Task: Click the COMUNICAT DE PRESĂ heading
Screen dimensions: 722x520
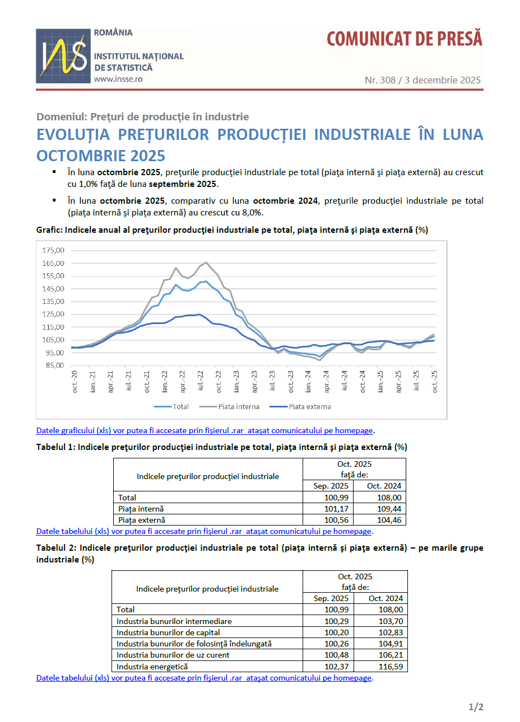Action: [404, 39]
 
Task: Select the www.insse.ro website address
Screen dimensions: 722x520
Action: [118, 79]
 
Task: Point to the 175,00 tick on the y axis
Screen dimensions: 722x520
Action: [53, 250]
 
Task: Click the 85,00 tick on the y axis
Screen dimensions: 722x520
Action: [53, 365]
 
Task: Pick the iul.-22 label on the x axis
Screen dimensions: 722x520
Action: [200, 381]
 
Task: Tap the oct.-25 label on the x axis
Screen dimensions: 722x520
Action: [434, 381]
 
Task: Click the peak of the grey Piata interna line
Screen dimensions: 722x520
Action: [206, 262]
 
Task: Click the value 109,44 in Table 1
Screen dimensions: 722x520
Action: [389, 509]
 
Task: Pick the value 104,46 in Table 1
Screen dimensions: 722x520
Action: [389, 520]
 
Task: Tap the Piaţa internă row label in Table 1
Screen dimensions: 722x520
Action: [141, 509]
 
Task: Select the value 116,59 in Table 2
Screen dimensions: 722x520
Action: [391, 667]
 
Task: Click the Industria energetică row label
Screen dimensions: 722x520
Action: [152, 667]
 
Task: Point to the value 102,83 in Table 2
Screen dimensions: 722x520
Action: [391, 632]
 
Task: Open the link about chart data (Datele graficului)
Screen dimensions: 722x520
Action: [205, 430]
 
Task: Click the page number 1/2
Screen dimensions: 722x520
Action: [476, 707]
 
